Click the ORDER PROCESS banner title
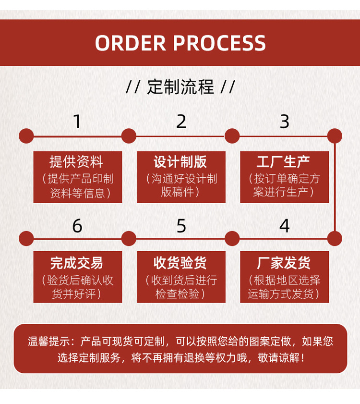click(180, 43)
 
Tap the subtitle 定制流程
click(180, 87)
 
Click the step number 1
click(77, 122)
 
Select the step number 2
click(181, 122)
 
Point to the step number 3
click(285, 122)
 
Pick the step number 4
click(285, 225)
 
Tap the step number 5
click(181, 225)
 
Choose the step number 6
click(77, 225)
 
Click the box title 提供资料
click(77, 162)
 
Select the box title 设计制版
click(180, 162)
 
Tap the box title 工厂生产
click(284, 162)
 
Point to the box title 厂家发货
click(284, 263)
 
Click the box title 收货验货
click(180, 263)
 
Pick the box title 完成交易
click(77, 263)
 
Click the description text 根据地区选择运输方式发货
click(284, 287)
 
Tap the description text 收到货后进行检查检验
click(180, 287)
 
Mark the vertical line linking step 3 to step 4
click(335, 187)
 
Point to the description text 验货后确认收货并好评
click(77, 287)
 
